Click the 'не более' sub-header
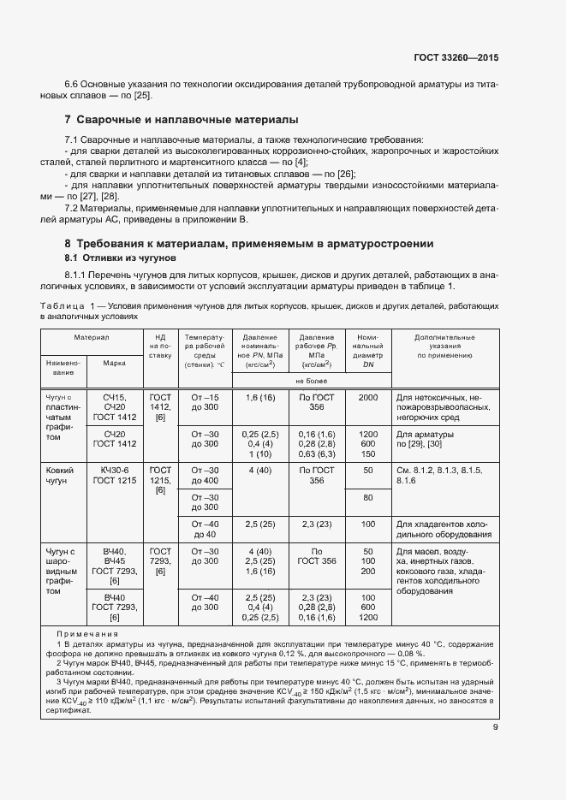(313, 381)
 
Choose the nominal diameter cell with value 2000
(368, 398)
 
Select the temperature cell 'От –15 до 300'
(205, 403)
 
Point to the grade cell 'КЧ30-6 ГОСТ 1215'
(115, 476)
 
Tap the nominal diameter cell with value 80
(368, 498)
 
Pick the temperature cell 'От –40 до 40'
(205, 529)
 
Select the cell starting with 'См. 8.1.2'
(439, 476)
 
